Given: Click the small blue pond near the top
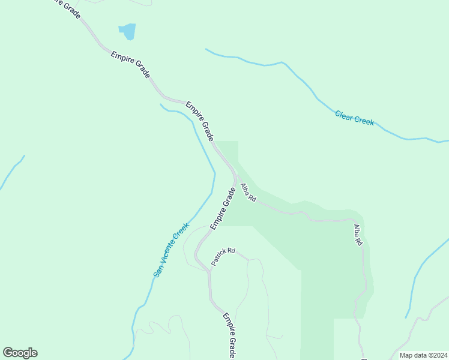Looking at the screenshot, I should pyautogui.click(x=127, y=31).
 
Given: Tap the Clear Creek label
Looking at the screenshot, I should pyautogui.click(x=354, y=118).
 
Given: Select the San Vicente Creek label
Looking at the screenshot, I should pyautogui.click(x=171, y=250).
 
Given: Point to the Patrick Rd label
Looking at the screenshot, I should pyautogui.click(x=223, y=257).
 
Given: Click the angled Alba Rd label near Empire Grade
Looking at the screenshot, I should pyautogui.click(x=249, y=193).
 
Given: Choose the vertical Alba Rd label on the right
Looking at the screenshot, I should pyautogui.click(x=358, y=235).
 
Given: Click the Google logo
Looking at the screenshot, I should pyautogui.click(x=20, y=353).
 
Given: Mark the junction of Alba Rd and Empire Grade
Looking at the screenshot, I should pyautogui.click(x=236, y=176).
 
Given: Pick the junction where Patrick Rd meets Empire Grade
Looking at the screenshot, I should pyautogui.click(x=209, y=271).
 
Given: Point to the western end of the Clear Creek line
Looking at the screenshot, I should pyautogui.click(x=206, y=49).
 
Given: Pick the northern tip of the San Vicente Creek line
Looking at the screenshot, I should pyautogui.click(x=160, y=104).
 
